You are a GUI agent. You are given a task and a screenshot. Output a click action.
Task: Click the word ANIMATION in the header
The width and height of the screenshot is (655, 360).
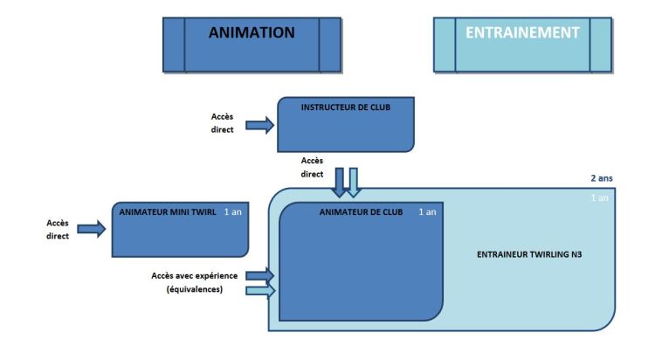pyautogui.click(x=252, y=33)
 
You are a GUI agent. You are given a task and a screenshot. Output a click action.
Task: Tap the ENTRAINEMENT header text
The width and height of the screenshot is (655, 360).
pyautogui.click(x=522, y=33)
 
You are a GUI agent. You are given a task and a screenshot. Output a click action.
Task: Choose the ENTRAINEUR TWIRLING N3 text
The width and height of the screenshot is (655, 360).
pyautogui.click(x=529, y=254)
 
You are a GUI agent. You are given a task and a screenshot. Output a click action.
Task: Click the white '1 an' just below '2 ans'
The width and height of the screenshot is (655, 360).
pyautogui.click(x=600, y=198)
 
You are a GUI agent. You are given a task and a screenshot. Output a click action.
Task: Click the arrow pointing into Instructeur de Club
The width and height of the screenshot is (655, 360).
pyautogui.click(x=260, y=126)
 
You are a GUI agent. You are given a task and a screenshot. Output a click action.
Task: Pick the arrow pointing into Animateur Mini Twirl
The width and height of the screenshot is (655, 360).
pyautogui.click(x=92, y=229)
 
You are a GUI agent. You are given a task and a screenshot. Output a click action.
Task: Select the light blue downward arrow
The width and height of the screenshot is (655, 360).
pyautogui.click(x=353, y=182)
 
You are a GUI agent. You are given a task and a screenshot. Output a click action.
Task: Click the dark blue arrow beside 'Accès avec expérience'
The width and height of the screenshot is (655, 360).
pyautogui.click(x=260, y=275)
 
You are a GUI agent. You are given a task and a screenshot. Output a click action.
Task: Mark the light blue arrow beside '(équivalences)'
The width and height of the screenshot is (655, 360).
pyautogui.click(x=260, y=290)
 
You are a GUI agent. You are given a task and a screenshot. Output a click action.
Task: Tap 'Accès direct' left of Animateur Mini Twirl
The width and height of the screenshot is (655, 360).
pyautogui.click(x=57, y=229)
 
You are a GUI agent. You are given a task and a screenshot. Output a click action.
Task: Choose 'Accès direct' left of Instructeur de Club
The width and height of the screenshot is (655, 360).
pyautogui.click(x=223, y=123)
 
